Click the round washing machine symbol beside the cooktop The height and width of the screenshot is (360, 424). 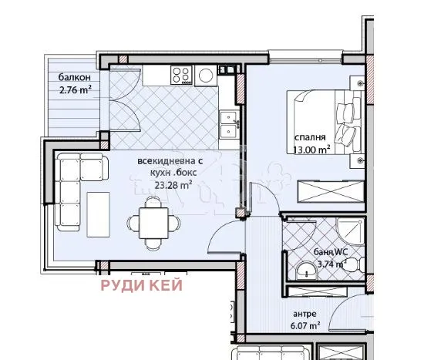205,75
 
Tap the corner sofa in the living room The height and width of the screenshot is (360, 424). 73,185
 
